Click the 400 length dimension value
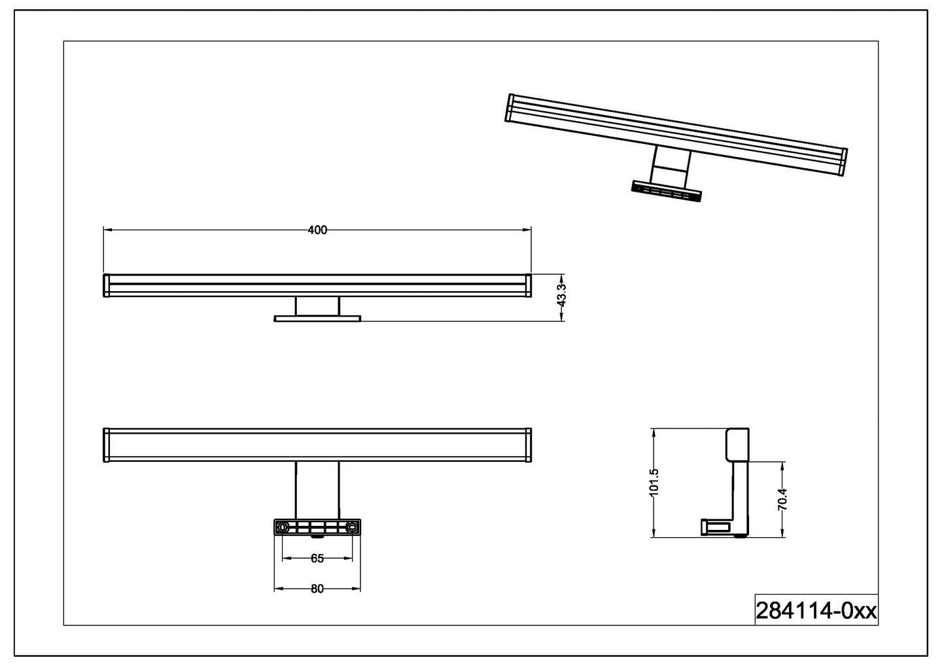pyautogui.click(x=317, y=230)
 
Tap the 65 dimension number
pyautogui.click(x=317, y=559)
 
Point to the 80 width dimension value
pyautogui.click(x=317, y=589)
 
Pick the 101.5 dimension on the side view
pyautogui.click(x=655, y=483)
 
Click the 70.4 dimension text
pyautogui.click(x=782, y=499)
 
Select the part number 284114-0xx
pyautogui.click(x=816, y=611)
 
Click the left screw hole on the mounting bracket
pyautogui.click(x=283, y=527)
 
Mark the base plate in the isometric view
pyautogui.click(x=666, y=191)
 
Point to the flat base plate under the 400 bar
pyautogui.click(x=317, y=319)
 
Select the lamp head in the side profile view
pyautogui.click(x=737, y=445)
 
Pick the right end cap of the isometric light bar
pyautogui.click(x=843, y=162)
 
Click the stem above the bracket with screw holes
pyautogui.click(x=317, y=491)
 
